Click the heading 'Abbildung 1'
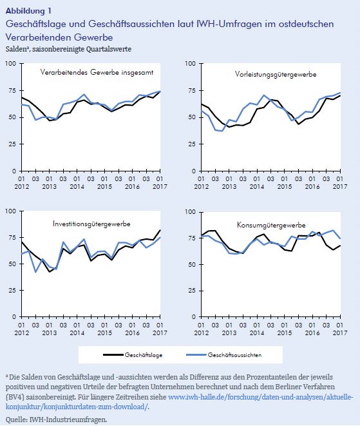click(x=28, y=11)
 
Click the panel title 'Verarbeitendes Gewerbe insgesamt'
click(x=97, y=72)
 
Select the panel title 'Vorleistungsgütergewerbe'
click(x=276, y=74)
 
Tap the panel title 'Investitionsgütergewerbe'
click(x=91, y=224)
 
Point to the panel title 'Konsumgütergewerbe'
click(x=271, y=225)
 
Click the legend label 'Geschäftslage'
click(x=144, y=355)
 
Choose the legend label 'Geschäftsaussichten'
click(x=235, y=355)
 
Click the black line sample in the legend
click(x=113, y=354)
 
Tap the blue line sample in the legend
click(x=196, y=354)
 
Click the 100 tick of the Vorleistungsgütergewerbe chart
click(x=191, y=64)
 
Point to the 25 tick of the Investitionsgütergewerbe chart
click(x=13, y=291)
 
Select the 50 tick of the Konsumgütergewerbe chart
click(x=192, y=265)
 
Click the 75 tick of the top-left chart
click(x=13, y=90)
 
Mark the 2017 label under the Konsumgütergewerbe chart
click(x=340, y=333)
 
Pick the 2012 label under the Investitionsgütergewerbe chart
click(x=22, y=333)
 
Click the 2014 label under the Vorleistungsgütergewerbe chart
click(x=257, y=187)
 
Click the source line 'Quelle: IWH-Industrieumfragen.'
click(x=56, y=420)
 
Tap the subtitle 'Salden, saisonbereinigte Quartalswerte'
click(x=68, y=49)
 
